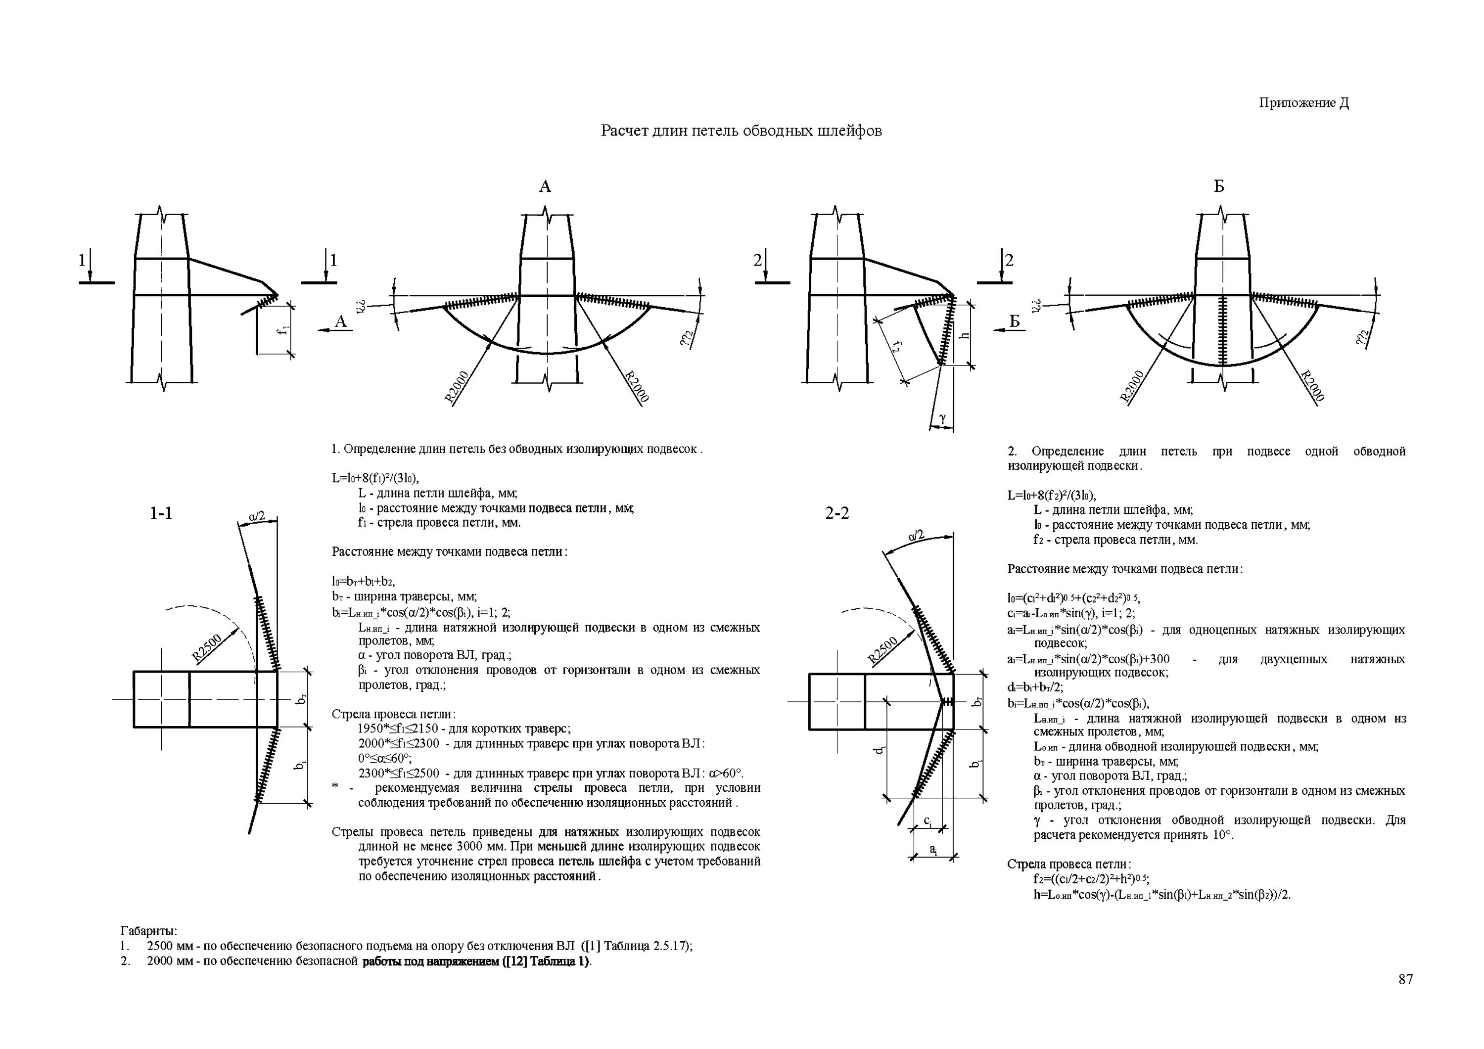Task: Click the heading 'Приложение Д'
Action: click(1303, 103)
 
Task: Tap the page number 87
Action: click(1405, 979)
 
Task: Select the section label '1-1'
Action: click(161, 513)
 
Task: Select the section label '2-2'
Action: click(836, 513)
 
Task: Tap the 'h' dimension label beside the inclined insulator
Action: click(964, 335)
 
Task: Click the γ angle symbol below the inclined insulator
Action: click(942, 419)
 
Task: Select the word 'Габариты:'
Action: click(149, 931)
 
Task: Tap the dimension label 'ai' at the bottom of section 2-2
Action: click(932, 849)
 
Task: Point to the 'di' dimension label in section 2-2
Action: click(877, 750)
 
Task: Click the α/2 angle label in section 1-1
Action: click(257, 516)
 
